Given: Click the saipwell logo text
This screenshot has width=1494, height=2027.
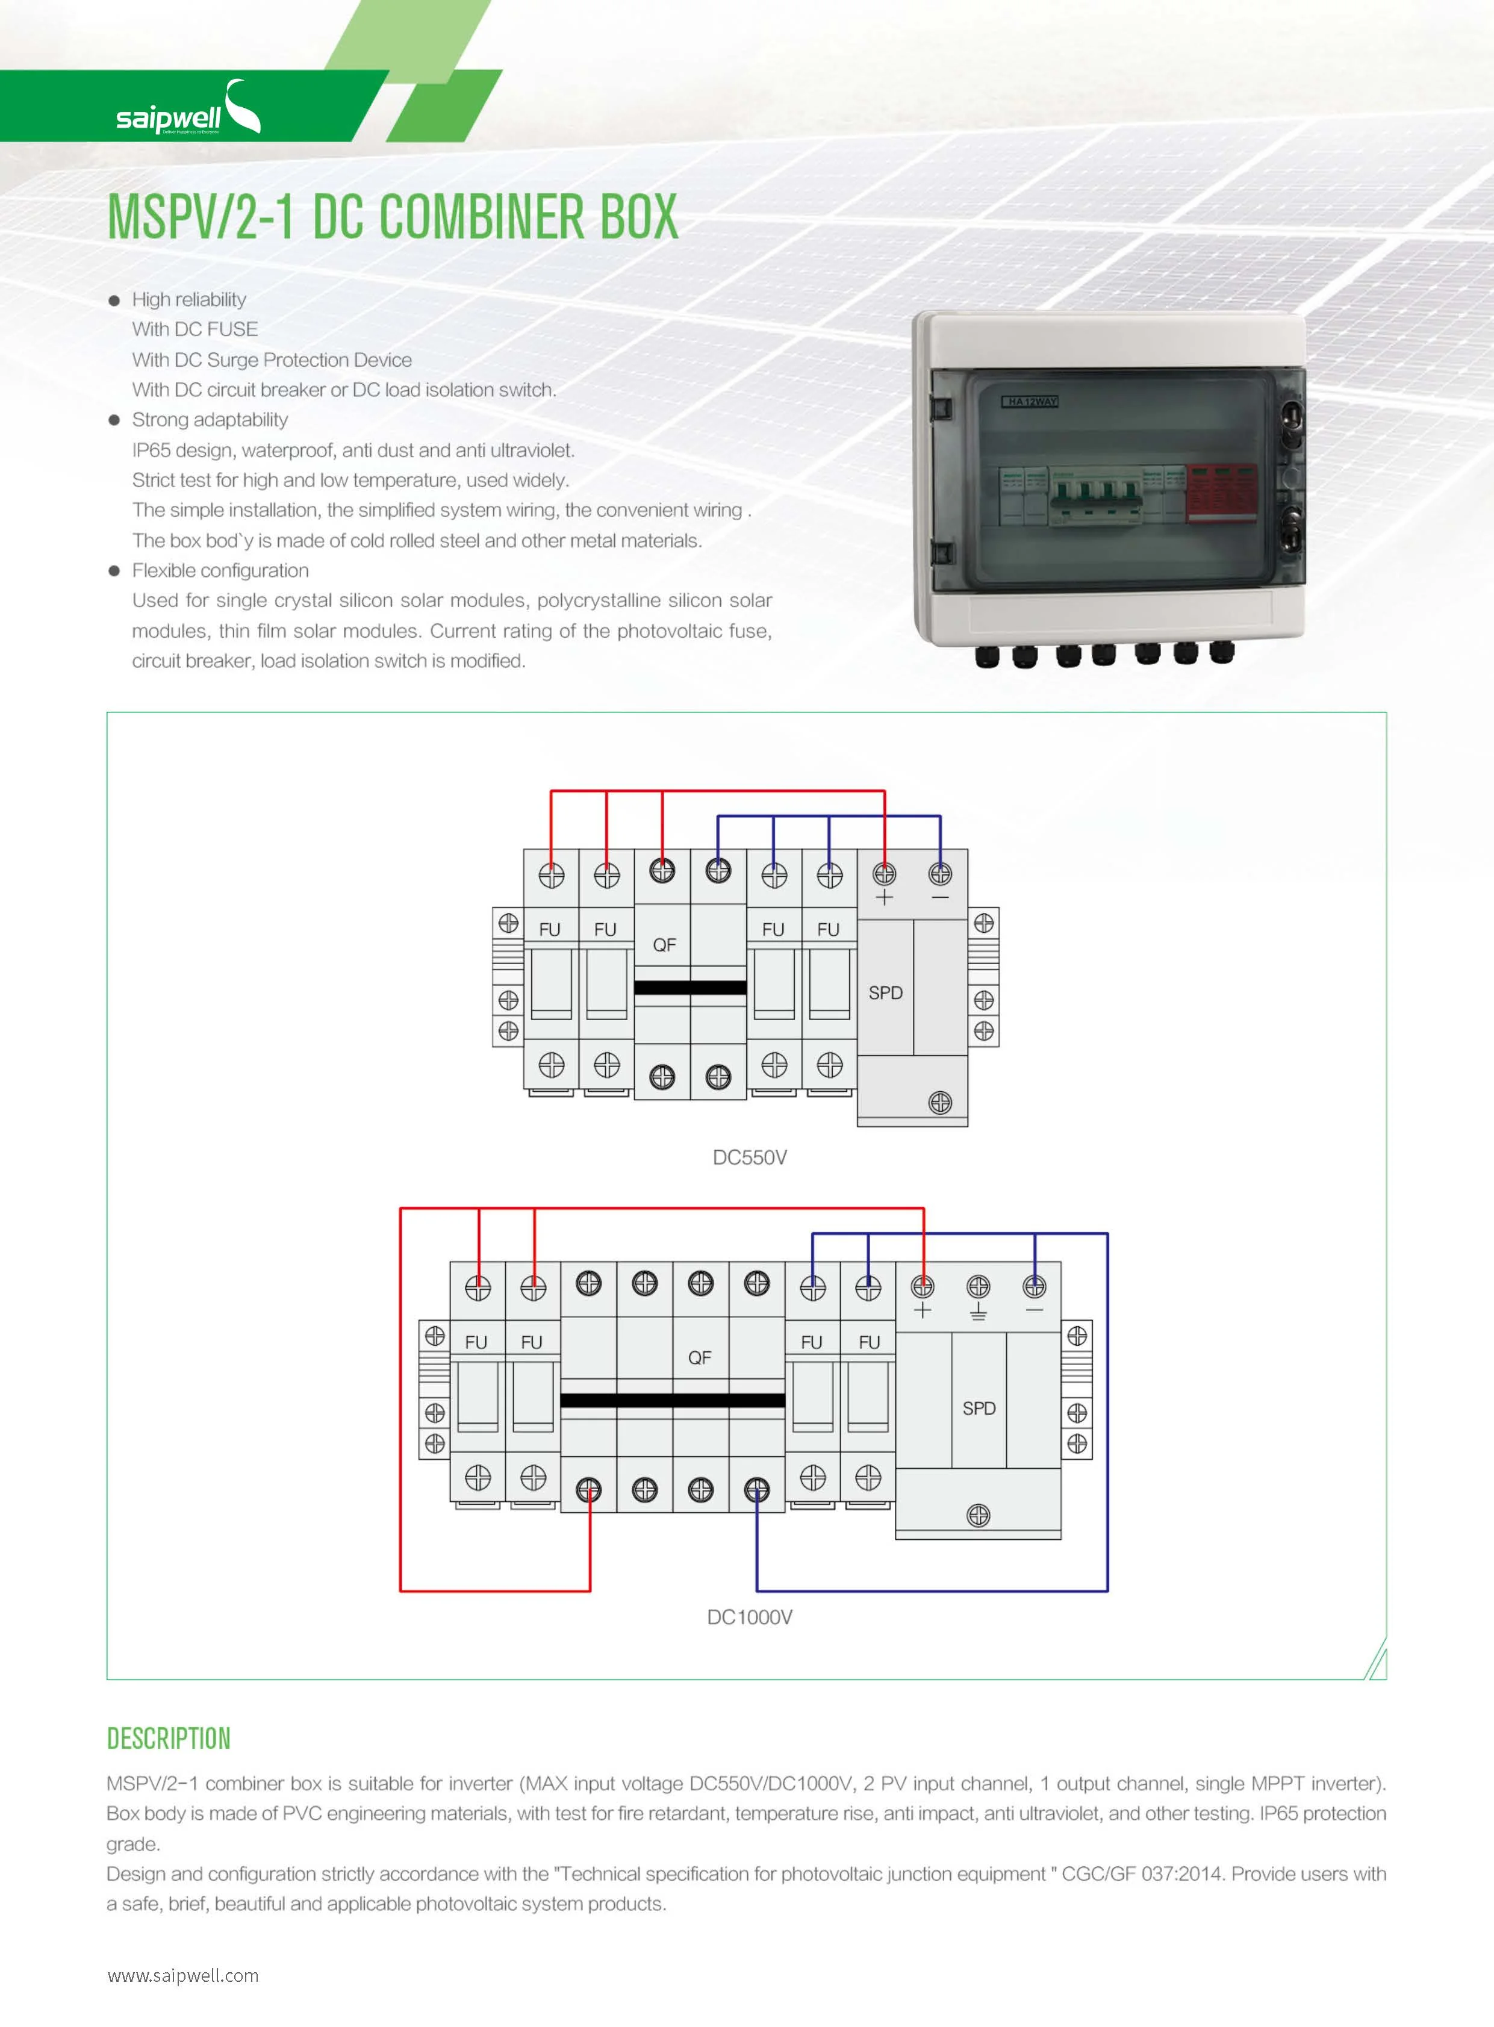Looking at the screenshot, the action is click(168, 117).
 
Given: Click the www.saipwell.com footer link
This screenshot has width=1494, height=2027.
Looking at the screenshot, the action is click(182, 1975).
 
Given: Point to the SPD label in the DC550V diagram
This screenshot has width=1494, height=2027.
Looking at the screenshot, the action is click(885, 993).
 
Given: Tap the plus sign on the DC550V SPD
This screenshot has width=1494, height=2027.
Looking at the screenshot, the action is click(885, 897).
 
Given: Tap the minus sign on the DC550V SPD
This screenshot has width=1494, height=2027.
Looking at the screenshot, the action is click(941, 897).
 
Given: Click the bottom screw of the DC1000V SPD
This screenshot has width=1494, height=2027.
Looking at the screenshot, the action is click(979, 1515).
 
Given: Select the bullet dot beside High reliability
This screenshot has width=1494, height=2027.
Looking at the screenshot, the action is click(114, 300).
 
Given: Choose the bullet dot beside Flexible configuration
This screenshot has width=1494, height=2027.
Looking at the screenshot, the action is click(114, 571).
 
